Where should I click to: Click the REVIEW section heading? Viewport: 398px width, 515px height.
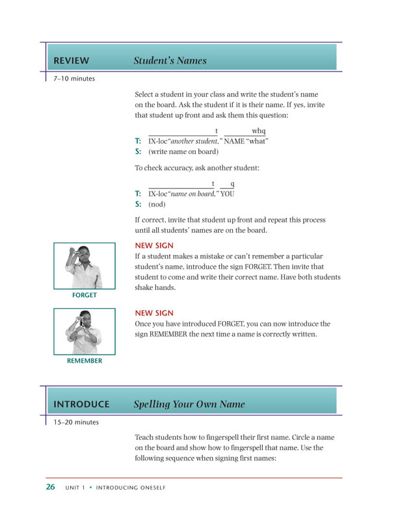72,60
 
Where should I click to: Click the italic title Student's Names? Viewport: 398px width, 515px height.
170,60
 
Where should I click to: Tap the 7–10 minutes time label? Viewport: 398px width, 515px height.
74,79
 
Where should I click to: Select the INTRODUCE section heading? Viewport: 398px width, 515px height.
81,404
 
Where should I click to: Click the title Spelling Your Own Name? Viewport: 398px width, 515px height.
189,404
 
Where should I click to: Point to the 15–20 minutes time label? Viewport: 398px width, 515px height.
76,422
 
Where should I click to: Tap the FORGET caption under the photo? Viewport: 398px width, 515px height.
85,295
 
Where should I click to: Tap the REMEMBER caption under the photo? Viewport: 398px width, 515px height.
85,361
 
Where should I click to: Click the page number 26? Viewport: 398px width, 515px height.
51,487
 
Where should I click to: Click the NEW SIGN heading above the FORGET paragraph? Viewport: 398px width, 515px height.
153,246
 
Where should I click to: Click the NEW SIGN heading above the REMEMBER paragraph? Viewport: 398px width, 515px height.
153,313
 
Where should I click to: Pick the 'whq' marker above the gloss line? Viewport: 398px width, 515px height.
258,131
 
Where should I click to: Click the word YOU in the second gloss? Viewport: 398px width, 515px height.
227,193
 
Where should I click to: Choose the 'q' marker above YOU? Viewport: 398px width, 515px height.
232,183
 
